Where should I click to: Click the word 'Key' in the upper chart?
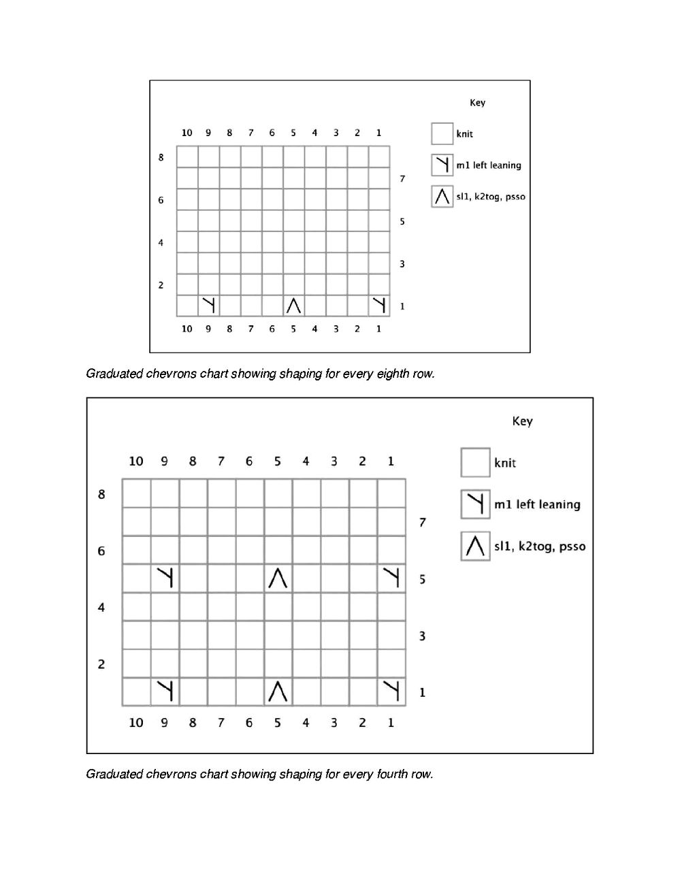click(x=477, y=103)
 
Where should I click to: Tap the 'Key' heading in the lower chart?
click(x=522, y=421)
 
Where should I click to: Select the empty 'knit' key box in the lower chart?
click(x=475, y=462)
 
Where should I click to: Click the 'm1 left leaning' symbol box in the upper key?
click(x=442, y=165)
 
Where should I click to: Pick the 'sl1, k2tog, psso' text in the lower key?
click(x=540, y=547)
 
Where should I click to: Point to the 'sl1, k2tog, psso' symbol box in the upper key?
click(x=442, y=197)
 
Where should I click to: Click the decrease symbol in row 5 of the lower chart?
click(x=278, y=578)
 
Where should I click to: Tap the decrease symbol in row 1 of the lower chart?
click(x=278, y=691)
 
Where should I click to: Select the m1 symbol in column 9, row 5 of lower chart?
click(x=165, y=578)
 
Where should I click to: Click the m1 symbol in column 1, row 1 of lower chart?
click(x=391, y=691)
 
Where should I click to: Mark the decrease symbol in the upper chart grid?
click(x=293, y=306)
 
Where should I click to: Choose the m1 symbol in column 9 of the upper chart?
click(x=208, y=306)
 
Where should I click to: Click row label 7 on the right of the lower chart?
click(x=423, y=523)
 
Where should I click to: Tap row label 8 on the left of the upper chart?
click(x=161, y=157)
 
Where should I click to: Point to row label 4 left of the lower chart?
click(x=101, y=607)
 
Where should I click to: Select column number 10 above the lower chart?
click(x=136, y=461)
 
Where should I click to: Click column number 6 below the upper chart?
click(x=272, y=329)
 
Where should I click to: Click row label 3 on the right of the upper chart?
click(x=402, y=264)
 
